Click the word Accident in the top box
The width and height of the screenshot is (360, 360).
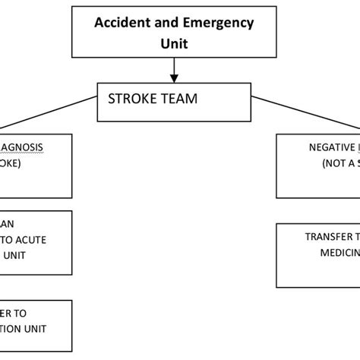(119, 22)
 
